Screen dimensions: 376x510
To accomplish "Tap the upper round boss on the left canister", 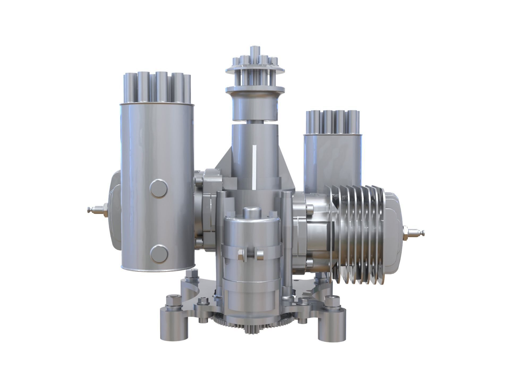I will click(159, 188).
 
